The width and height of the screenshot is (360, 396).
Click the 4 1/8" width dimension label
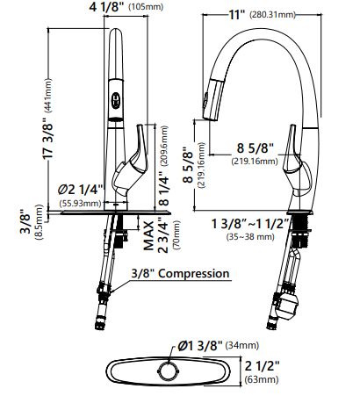point(107,7)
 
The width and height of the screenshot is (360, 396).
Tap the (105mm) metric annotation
point(146,7)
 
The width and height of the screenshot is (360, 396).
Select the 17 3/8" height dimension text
point(48,139)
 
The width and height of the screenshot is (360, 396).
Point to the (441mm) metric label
point(47,96)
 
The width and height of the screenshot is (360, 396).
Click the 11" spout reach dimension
point(237,15)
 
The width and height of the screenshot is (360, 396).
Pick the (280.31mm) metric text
point(272,15)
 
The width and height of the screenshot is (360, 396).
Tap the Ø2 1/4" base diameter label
point(81,190)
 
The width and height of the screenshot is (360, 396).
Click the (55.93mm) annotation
point(80,203)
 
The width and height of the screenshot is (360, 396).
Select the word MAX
point(148,235)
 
